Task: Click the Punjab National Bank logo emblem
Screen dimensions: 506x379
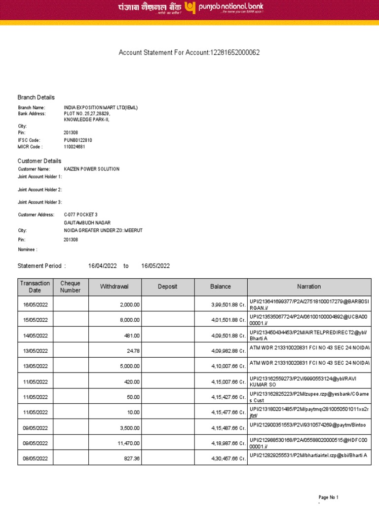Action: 190,7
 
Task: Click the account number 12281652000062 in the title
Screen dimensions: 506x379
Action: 235,52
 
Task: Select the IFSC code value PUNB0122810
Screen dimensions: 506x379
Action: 78,140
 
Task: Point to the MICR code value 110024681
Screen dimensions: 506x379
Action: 75,147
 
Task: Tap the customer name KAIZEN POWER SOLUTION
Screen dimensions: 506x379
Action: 92,169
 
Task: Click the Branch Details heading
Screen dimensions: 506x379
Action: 36,97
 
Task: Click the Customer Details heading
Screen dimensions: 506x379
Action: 39,161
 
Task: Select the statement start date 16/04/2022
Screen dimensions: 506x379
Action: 103,266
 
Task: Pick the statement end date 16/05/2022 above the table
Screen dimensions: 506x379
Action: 155,266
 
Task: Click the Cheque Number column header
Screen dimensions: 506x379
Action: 70,287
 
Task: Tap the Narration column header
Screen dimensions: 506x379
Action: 309,287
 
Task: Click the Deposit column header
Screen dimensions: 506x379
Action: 167,287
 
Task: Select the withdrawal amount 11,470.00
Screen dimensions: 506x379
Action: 129,443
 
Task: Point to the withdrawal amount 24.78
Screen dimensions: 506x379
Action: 133,351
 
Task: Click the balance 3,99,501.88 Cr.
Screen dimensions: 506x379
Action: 227,305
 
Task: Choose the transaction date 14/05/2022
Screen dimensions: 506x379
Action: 36,336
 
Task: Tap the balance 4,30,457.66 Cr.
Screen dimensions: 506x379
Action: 227,459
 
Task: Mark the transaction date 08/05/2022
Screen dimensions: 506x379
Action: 36,459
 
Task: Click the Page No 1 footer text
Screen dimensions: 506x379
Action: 328,497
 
